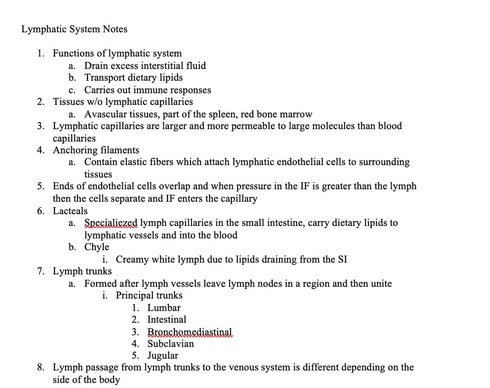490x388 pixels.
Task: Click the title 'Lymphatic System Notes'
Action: pos(74,29)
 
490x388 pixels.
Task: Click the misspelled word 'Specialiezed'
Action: pos(111,223)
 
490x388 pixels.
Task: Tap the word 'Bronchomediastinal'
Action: pos(190,332)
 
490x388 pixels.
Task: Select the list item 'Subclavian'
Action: pos(171,344)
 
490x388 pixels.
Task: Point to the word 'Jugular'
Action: pos(162,355)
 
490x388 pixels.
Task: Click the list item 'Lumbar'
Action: pos(164,308)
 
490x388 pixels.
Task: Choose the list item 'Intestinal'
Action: pos(167,319)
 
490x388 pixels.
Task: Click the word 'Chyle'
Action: pos(97,247)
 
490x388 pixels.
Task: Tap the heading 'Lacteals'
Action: pos(70,211)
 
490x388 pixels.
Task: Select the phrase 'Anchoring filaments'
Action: pos(96,150)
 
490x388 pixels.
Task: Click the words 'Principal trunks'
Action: pos(149,295)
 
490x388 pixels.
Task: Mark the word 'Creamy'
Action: pos(132,260)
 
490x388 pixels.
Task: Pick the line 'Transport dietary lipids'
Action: pos(133,78)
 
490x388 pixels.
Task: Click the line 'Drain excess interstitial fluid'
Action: pos(145,66)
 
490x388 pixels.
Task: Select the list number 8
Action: pos(41,367)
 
